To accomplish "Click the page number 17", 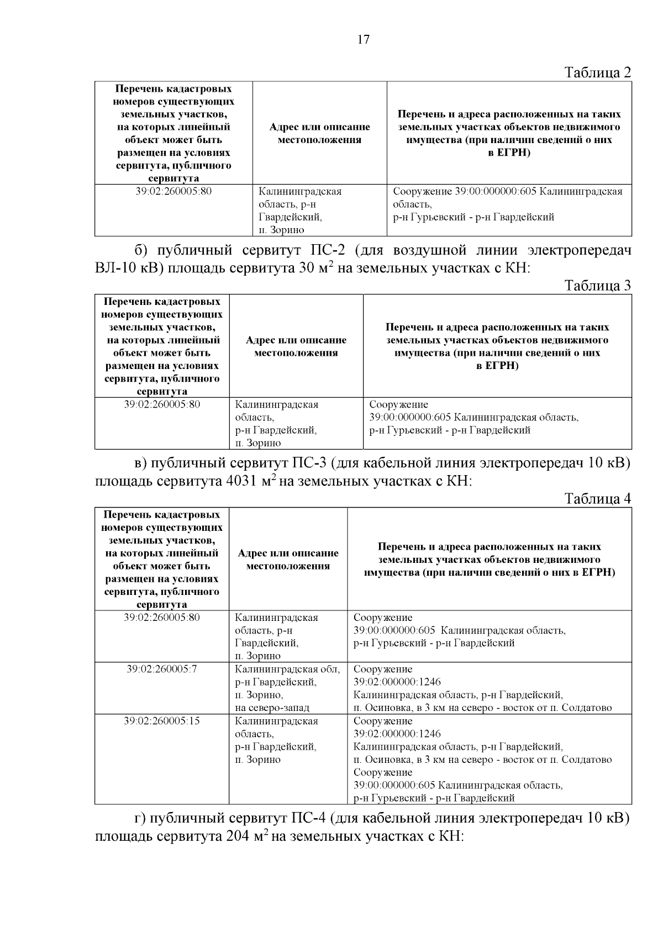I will pos(363,39).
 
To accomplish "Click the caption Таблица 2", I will pos(597,72).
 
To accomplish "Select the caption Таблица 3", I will pos(597,286).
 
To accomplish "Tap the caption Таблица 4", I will pos(597,498).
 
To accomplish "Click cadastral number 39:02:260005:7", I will pos(162,669).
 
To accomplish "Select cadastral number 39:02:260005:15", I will pos(162,721).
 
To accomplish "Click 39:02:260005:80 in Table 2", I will pos(173,191).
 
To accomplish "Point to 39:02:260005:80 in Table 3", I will pos(162,404).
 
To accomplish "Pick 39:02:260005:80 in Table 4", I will pos(162,617).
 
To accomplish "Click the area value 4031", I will pos(242,481).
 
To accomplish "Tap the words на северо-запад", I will pos(272,708).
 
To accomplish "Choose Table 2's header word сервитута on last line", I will pos(173,178).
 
